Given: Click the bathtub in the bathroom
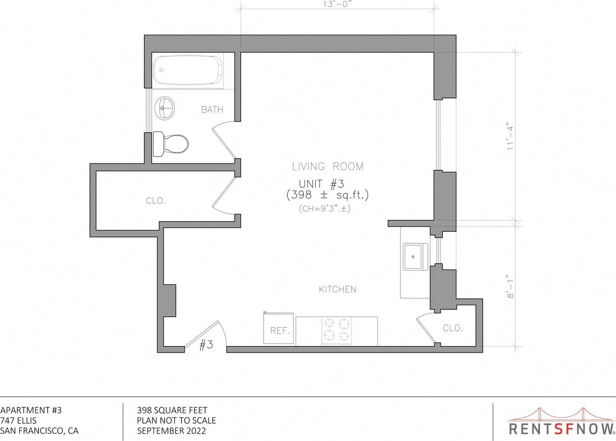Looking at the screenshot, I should [188, 71].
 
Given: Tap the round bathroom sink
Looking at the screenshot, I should [166, 108].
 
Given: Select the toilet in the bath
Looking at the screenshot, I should [171, 143].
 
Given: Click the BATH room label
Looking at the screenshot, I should [212, 110].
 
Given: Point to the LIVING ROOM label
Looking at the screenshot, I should [328, 167].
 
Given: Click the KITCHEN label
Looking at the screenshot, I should [337, 289].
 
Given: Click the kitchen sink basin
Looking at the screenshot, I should [415, 256].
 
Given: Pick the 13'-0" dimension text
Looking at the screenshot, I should [337, 5].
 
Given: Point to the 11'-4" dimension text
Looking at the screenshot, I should [511, 139].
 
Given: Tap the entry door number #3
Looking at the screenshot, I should [206, 345].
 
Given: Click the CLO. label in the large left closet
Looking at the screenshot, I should [155, 201].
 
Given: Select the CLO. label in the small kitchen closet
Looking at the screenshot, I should [452, 328].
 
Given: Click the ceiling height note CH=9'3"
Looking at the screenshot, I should [327, 209].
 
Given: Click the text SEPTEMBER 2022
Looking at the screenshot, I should [171, 431].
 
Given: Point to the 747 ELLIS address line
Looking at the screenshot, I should [19, 420].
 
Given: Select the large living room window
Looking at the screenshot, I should [437, 135].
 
